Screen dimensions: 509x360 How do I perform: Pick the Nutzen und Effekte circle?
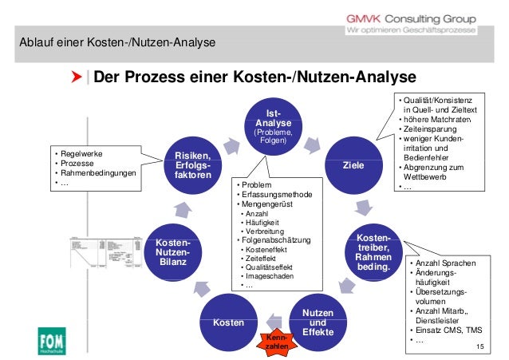point(318,319)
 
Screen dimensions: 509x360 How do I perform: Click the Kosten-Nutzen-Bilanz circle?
point(172,253)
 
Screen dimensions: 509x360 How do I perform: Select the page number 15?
point(479,345)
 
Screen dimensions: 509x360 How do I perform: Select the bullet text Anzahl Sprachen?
point(445,263)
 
